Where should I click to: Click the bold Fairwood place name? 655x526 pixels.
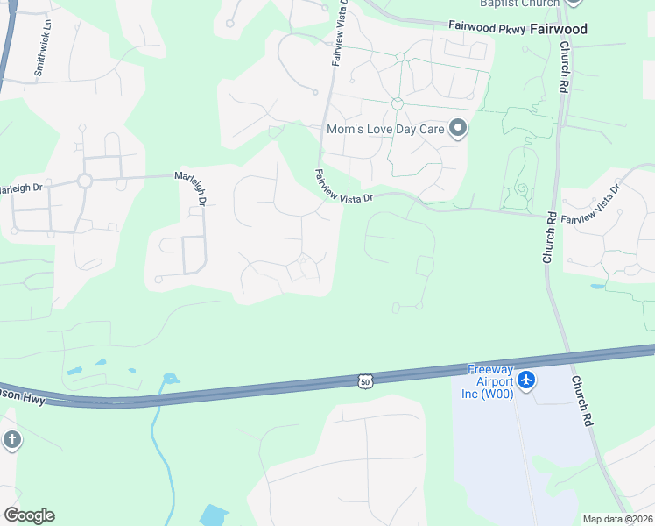coord(558,29)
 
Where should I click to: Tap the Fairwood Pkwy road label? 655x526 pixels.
coord(486,28)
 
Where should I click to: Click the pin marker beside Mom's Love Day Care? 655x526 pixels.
coord(457,130)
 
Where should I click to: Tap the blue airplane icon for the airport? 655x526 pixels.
coord(526,380)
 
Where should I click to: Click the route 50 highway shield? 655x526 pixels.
coord(365,380)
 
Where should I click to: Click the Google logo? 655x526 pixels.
coord(29,515)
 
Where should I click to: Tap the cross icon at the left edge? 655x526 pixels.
coord(11,440)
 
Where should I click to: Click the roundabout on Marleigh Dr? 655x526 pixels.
coord(85,181)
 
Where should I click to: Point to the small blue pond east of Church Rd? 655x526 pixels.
coord(597,286)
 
